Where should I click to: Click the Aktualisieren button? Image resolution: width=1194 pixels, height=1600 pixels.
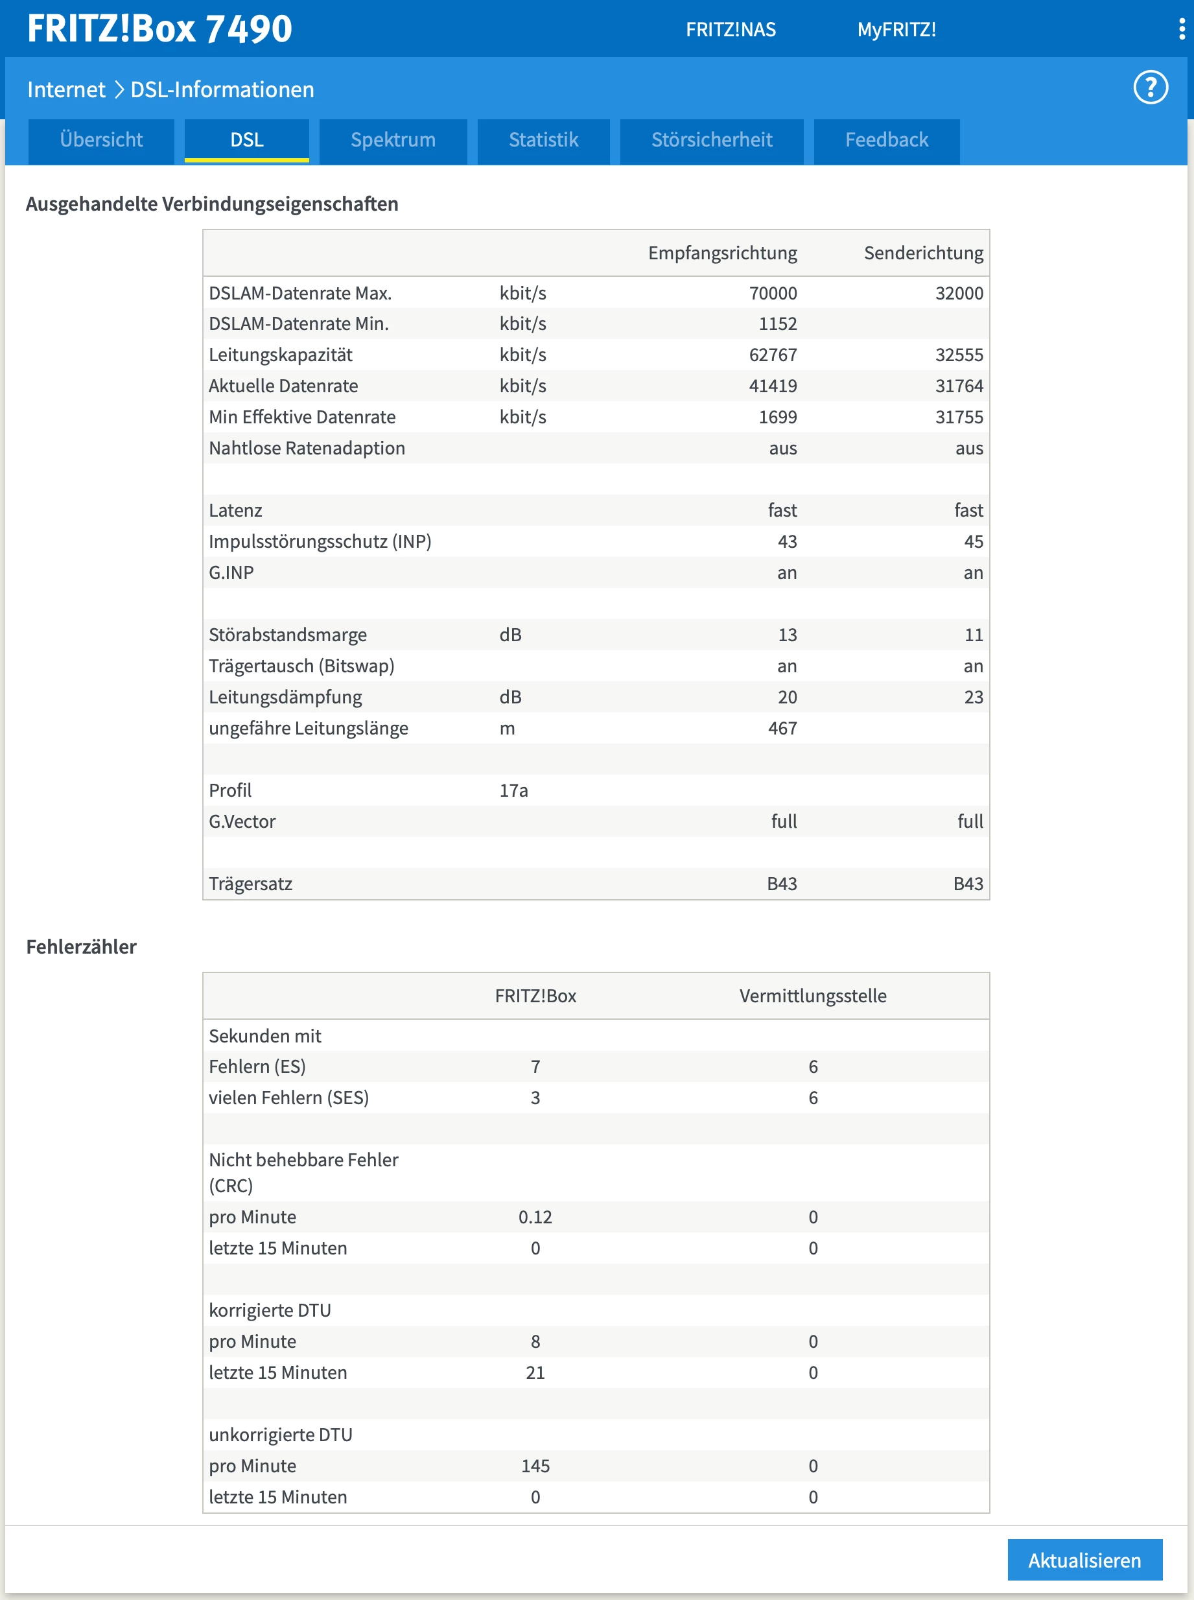1084,1560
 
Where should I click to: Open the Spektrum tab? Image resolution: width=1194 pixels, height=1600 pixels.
392,140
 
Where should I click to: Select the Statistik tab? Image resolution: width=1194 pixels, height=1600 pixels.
543,140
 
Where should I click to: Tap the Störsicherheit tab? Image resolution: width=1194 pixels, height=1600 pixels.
711,140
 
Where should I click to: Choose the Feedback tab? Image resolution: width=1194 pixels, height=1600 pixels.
886,140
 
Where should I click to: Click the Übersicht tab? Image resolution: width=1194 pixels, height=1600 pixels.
101,140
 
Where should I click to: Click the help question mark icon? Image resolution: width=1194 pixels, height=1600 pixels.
1150,88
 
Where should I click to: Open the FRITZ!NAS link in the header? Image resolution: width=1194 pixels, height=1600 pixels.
730,30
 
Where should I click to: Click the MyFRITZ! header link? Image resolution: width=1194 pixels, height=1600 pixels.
896,30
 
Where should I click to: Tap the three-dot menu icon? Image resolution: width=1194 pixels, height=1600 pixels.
1182,29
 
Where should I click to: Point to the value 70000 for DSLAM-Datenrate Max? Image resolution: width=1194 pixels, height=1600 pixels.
773,294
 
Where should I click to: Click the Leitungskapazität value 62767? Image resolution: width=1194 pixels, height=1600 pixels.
773,355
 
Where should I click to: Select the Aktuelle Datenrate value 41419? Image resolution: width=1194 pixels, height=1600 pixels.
773,386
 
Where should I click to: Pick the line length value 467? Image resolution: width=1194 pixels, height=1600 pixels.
782,729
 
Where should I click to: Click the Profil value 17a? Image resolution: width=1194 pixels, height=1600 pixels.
513,791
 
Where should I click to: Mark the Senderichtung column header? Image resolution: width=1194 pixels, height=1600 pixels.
923,253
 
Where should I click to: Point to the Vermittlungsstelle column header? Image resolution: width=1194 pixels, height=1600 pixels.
812,996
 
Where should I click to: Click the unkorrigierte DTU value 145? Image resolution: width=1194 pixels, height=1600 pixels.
535,1466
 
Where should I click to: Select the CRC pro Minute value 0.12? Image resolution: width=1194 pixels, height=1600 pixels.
535,1217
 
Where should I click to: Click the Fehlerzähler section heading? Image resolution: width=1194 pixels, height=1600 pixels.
81,947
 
